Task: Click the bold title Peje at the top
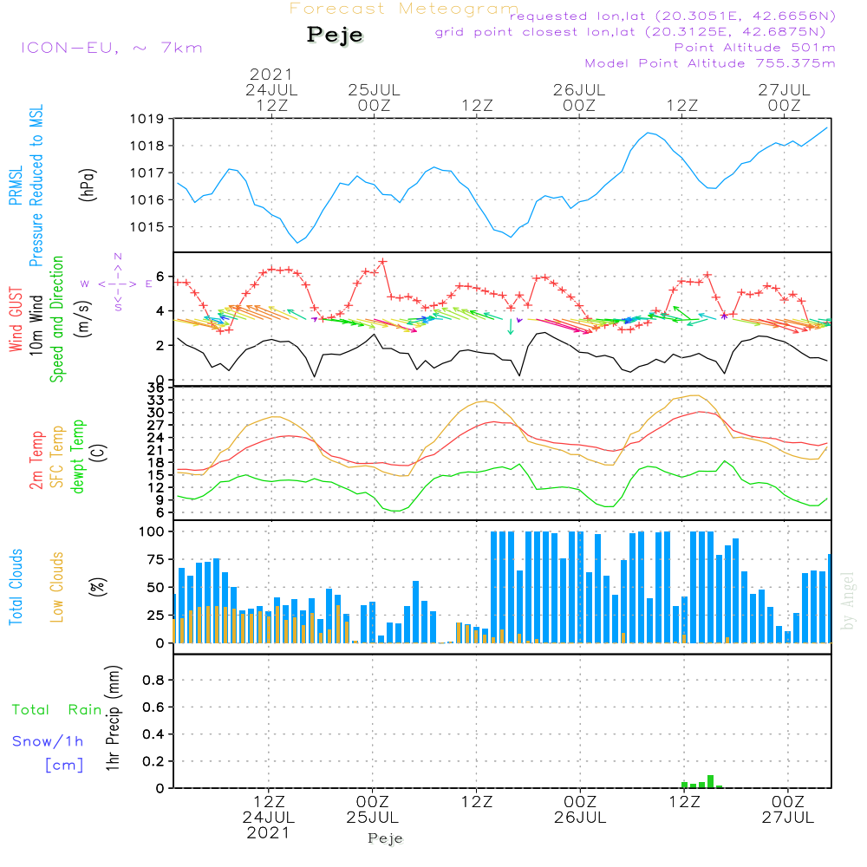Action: coord(335,36)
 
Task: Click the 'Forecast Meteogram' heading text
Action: coord(404,9)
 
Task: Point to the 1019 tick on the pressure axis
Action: coord(147,118)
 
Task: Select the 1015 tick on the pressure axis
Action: coord(147,227)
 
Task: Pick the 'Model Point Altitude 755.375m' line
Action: coord(710,62)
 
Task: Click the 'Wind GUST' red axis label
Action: coord(16,322)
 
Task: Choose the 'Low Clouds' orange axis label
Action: coord(57,587)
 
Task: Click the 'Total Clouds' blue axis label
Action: coord(16,587)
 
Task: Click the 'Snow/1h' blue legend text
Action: coord(48,742)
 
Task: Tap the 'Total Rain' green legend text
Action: coord(57,709)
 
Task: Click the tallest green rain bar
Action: coord(710,781)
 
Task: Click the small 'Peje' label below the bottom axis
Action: coord(385,838)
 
